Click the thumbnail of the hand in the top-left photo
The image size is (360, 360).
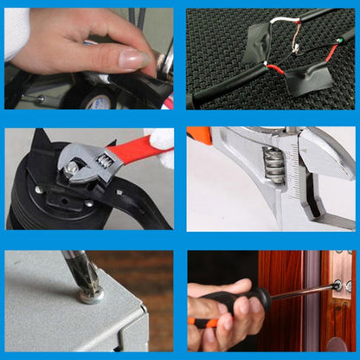click(135, 59)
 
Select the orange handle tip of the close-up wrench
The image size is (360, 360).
click(198, 135)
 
